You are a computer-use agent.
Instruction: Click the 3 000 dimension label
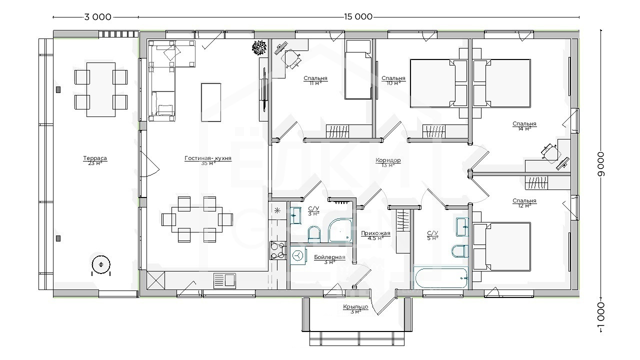point(97,17)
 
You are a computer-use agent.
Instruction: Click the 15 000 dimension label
point(358,17)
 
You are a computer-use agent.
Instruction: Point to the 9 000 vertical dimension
point(601,164)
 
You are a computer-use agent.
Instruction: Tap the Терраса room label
point(95,158)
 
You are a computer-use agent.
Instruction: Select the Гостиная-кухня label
point(208,158)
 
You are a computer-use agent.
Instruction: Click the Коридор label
point(388,160)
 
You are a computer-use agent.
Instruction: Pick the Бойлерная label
point(329,257)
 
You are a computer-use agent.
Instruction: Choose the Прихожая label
point(375,233)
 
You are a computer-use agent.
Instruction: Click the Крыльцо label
point(355,307)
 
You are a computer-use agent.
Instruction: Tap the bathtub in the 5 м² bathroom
point(440,277)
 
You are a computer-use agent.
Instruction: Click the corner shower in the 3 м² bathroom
point(339,230)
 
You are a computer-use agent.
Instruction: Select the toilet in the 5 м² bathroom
point(459,251)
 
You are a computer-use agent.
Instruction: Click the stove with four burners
point(277,250)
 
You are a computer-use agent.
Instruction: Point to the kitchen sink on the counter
point(225,280)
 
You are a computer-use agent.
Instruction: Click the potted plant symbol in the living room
point(259,47)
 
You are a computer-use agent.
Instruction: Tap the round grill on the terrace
point(101,265)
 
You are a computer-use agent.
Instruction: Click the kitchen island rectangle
point(211,102)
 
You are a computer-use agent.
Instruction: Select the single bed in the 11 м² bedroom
point(358,69)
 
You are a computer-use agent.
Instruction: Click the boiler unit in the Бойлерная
point(298,255)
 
